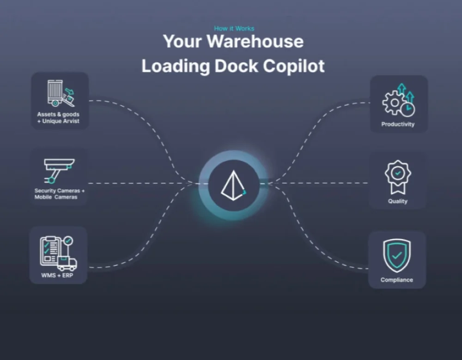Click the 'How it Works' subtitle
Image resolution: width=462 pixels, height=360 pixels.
point(234,29)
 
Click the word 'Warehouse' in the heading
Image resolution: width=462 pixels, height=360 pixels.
point(255,42)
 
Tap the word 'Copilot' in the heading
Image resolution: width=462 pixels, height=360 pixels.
point(294,66)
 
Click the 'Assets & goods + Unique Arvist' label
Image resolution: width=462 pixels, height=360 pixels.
point(58,117)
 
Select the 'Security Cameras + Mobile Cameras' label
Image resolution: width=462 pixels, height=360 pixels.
point(59,194)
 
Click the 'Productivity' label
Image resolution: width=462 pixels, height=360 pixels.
point(398,124)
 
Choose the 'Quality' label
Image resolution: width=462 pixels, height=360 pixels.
point(398,201)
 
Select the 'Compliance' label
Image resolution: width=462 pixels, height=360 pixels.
point(397,280)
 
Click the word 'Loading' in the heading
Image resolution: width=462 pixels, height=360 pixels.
point(175,66)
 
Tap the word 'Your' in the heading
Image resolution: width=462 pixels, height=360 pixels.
point(182,42)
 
